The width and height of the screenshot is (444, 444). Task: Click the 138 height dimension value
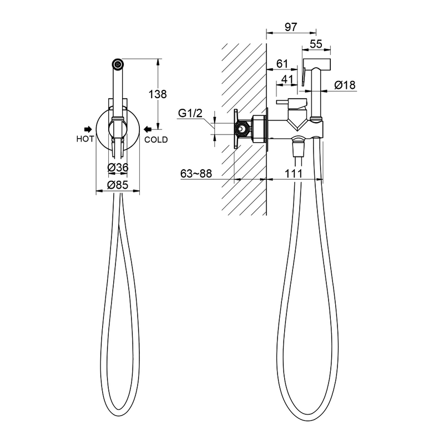coord(158,94)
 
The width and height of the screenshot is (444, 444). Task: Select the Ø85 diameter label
coord(118,185)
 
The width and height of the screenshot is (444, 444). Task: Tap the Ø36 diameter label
coord(118,168)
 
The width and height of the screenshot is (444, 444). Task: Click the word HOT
coord(85,139)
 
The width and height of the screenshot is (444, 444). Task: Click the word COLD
coord(156,140)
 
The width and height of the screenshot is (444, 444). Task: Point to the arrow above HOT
coord(88,129)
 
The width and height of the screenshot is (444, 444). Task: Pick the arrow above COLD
coord(148,129)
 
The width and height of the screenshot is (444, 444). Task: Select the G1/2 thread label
coord(190,113)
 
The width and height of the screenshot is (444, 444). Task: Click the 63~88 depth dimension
coord(196,173)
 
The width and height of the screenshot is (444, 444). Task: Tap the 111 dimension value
coord(294,173)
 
